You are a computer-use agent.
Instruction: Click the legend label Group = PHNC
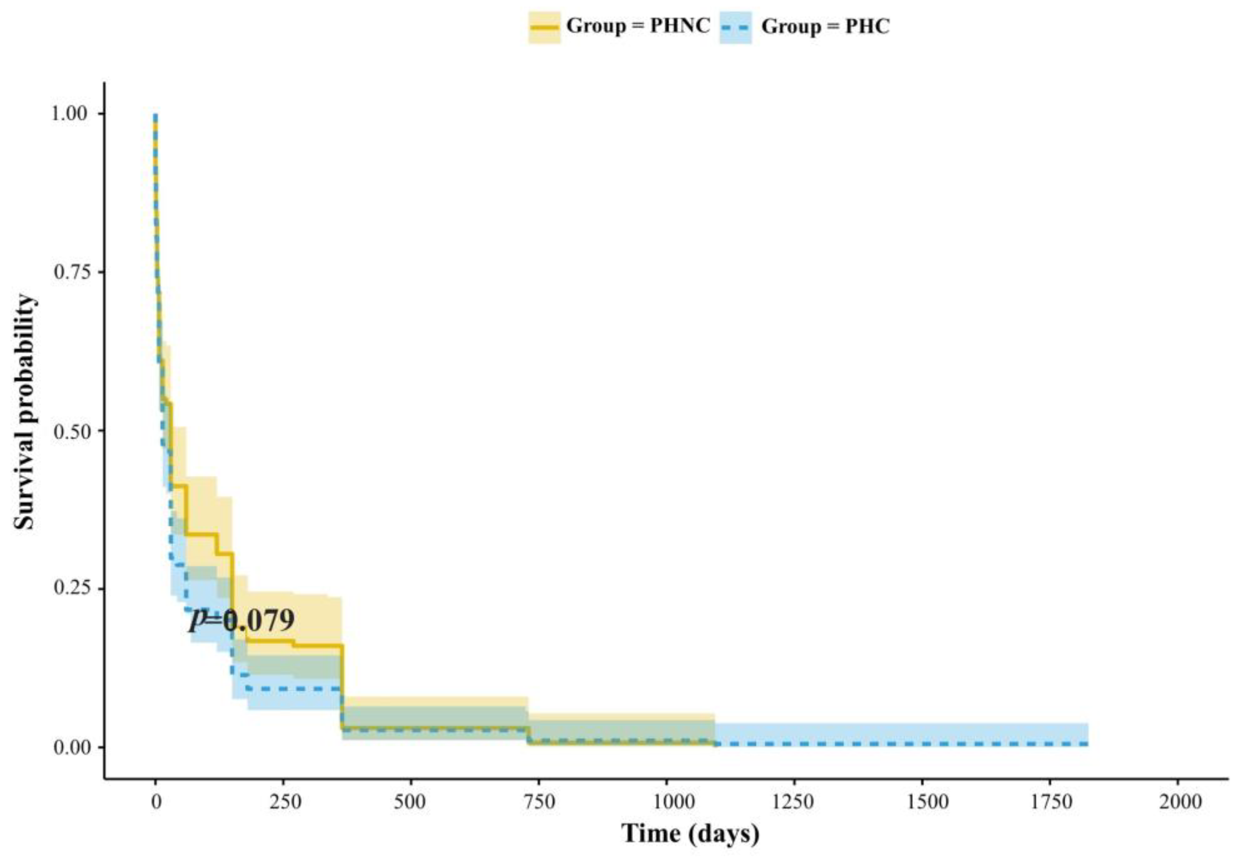point(638,26)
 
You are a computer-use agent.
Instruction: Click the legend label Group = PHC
point(825,26)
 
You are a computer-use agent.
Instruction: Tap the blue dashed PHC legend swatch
point(735,27)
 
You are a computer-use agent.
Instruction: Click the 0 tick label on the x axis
point(156,802)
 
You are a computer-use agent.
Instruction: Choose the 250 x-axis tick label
point(283,802)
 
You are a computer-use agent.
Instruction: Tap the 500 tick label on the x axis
point(411,802)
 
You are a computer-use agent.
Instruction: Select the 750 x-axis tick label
point(539,802)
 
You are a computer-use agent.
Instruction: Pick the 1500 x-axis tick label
point(922,802)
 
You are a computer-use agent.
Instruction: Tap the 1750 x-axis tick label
point(1050,802)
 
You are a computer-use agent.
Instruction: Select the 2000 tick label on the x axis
point(1177,802)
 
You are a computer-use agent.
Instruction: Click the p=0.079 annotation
point(241,621)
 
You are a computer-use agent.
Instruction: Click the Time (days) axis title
point(690,834)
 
